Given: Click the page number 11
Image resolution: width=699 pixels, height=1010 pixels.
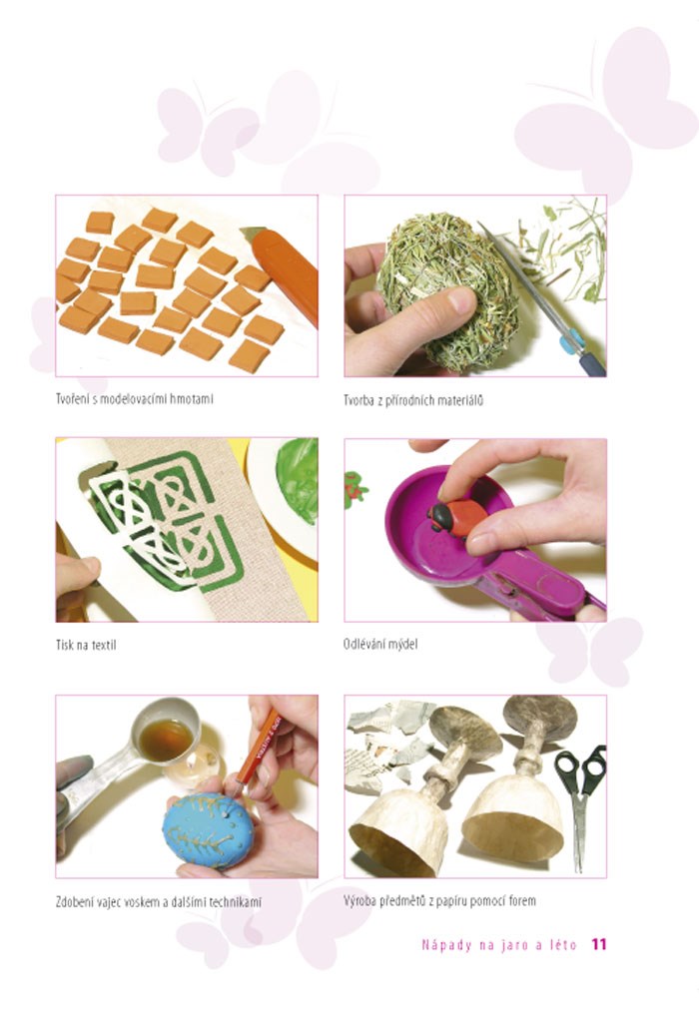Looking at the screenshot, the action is coord(599,944).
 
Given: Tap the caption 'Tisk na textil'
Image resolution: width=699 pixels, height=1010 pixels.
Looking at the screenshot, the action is coord(86,645).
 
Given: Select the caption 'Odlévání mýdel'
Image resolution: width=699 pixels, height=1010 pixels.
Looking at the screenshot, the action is coord(380,644).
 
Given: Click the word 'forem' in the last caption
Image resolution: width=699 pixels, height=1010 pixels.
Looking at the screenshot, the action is coord(522,900).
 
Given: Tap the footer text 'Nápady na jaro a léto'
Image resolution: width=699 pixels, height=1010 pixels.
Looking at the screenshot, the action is coord(499,945).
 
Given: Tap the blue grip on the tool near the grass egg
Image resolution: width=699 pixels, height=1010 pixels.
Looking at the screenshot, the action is coord(571,340).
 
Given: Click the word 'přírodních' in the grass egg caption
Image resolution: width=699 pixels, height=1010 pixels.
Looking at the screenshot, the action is coord(407,400).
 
